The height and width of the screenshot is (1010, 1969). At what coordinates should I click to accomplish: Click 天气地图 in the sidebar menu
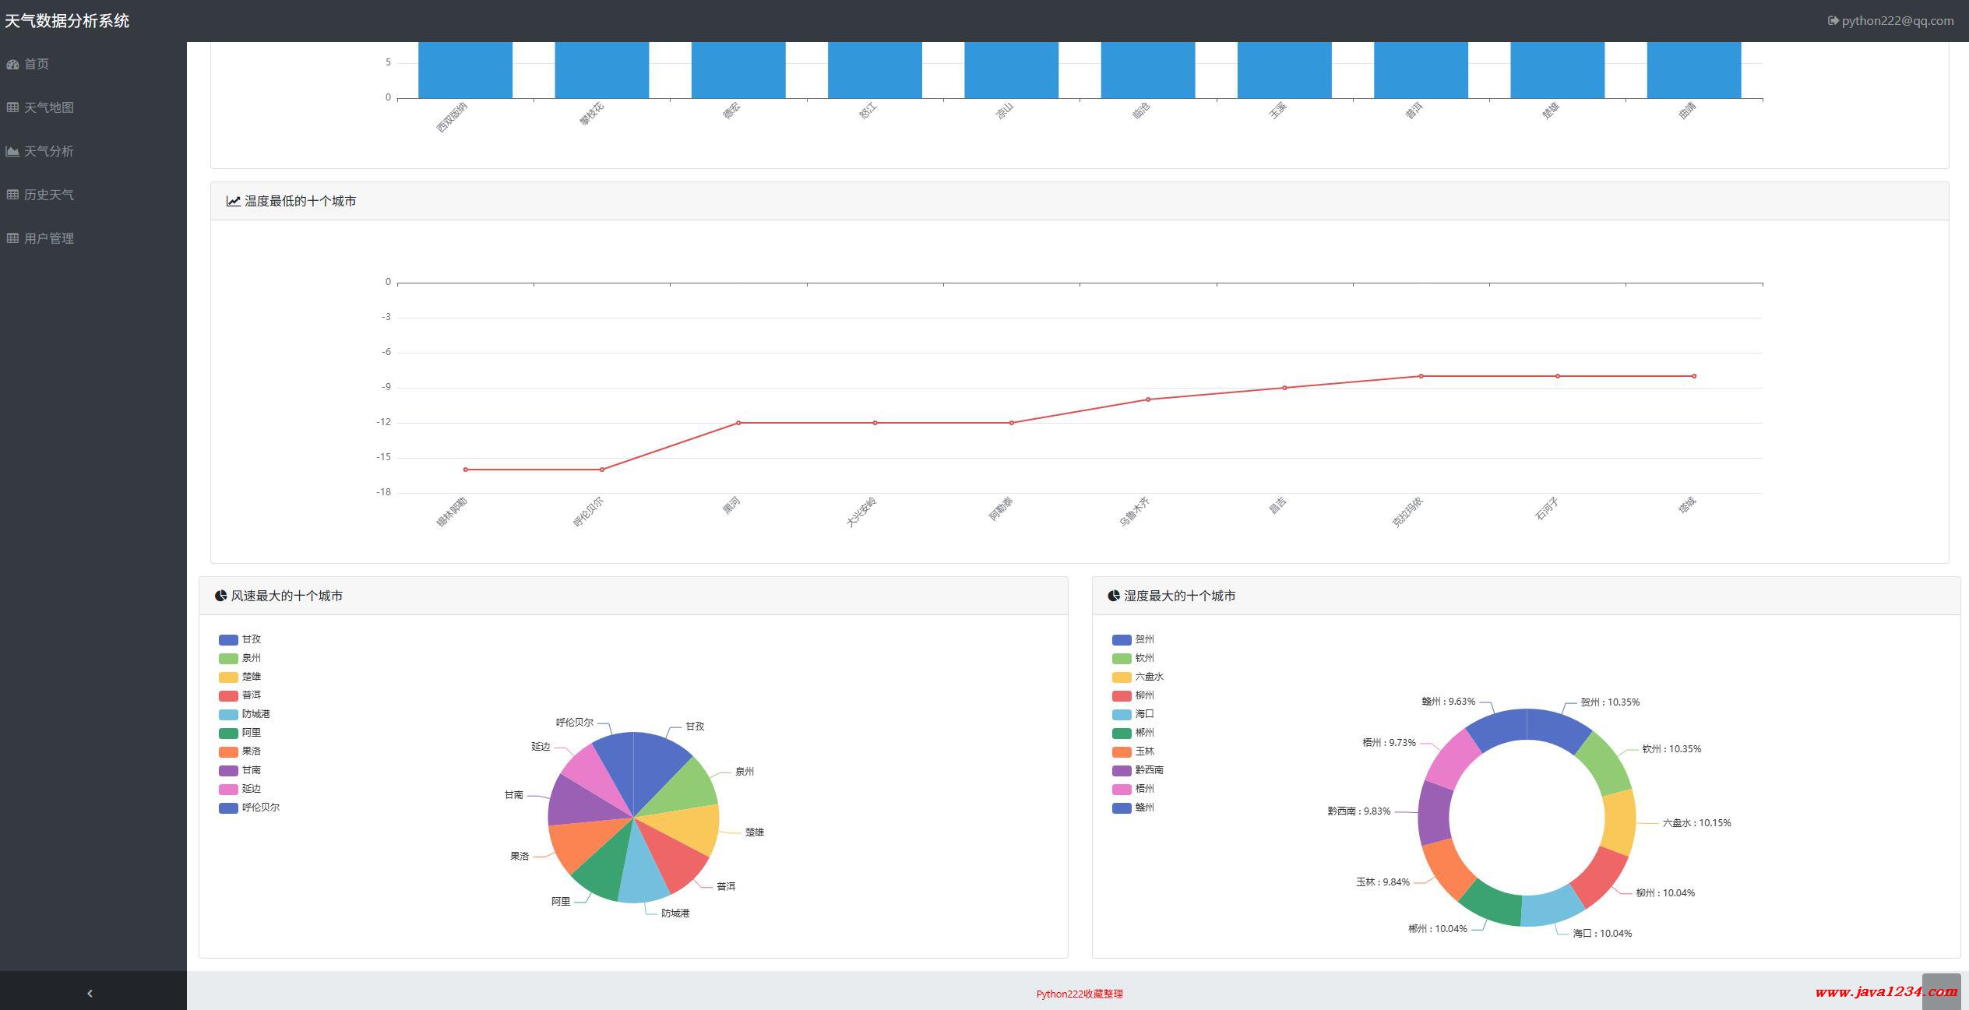pos(48,107)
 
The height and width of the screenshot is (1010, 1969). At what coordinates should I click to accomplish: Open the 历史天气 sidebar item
pos(48,195)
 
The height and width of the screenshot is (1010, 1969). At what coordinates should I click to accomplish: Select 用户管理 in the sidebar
pos(48,238)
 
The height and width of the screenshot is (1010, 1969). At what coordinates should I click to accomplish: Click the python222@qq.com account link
pos(1897,21)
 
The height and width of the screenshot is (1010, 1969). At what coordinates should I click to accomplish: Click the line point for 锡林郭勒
pos(466,470)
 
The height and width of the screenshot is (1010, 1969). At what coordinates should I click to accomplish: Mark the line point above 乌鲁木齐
pos(1148,399)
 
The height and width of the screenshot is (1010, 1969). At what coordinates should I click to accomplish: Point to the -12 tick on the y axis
pos(383,422)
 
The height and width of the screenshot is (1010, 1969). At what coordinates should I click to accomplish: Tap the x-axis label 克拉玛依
pos(1407,512)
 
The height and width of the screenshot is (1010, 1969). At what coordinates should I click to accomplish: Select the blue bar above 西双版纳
pos(465,70)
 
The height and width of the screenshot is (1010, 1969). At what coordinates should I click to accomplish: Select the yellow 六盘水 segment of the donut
pos(1619,822)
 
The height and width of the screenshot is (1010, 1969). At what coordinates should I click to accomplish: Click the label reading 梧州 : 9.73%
pos(1389,743)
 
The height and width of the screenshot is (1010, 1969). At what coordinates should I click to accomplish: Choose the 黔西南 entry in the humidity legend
pos(1148,770)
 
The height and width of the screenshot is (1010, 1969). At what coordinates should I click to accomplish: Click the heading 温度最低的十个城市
pos(300,201)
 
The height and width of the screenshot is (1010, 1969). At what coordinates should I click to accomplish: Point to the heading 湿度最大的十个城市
pos(1178,596)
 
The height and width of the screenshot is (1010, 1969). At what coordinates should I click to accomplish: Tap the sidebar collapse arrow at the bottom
pos(90,993)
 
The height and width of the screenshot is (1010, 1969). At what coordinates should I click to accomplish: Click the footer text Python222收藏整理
pos(1079,994)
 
